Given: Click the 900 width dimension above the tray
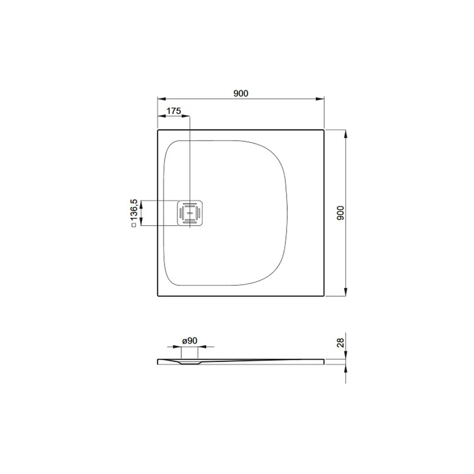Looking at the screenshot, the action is (x=241, y=93).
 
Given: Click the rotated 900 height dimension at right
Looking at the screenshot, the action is (x=341, y=213).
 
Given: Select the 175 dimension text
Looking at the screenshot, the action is (x=174, y=111).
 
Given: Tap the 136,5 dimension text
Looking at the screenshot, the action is (x=134, y=209).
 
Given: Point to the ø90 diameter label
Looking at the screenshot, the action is (x=190, y=341).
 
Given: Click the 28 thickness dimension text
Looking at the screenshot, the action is (x=340, y=343).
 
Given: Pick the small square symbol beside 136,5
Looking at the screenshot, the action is (x=134, y=225).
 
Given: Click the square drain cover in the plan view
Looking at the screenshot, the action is (x=190, y=213).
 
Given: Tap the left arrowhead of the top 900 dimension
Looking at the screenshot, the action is (x=162, y=99).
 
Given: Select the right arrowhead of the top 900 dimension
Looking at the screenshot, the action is (x=320, y=99).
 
